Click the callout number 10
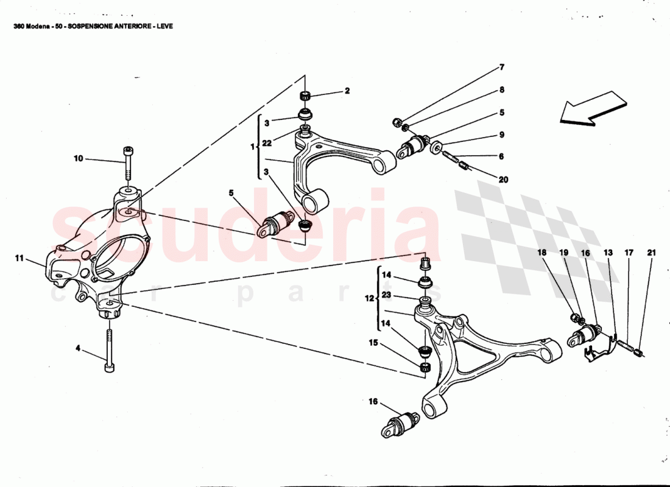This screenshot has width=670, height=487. (x=79, y=159)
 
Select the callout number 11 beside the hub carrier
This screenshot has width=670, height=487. (x=19, y=259)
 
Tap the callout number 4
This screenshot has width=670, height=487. (x=78, y=349)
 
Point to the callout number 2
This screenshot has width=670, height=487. (x=347, y=91)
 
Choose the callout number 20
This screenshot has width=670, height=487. (x=503, y=180)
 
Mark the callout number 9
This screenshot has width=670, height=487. (x=502, y=135)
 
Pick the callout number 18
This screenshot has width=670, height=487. (x=541, y=252)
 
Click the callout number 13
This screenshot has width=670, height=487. (x=608, y=252)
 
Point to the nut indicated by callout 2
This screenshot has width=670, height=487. (x=306, y=96)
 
